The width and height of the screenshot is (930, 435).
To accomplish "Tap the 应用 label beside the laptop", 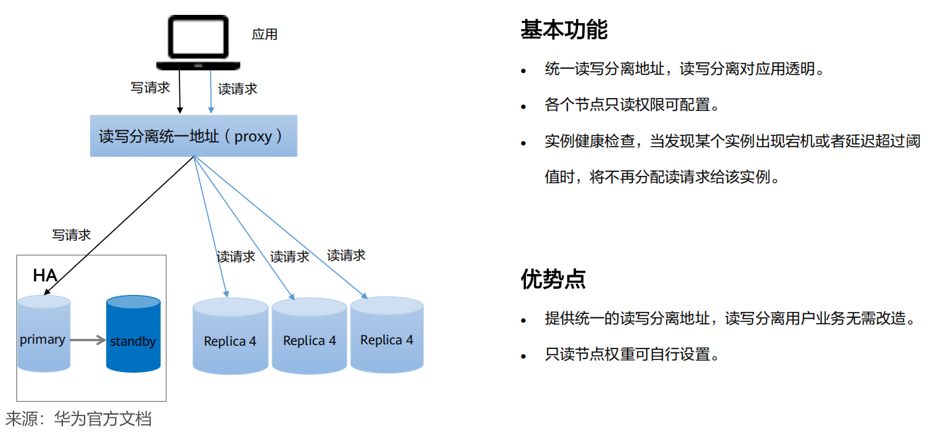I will (265, 34).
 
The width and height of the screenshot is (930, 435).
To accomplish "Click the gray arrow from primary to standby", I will (88, 340).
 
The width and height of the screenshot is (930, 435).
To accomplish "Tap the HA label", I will (45, 275).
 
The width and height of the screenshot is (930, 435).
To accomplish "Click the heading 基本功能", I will (563, 30).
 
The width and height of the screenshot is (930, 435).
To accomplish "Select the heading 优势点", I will (552, 279).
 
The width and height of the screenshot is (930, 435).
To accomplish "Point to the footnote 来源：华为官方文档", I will (79, 419).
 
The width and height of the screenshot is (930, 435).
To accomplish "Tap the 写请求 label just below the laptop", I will (150, 87).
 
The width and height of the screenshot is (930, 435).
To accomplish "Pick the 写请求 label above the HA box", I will (71, 235).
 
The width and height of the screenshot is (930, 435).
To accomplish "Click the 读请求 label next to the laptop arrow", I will (238, 89).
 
